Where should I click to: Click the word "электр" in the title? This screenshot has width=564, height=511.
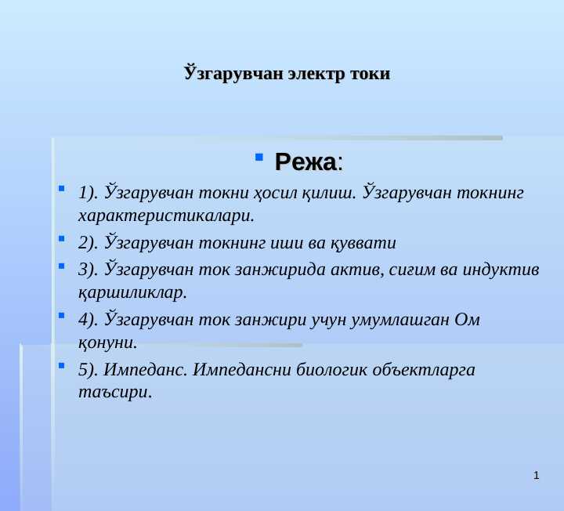point(316,74)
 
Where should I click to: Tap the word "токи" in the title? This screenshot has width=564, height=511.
point(369,74)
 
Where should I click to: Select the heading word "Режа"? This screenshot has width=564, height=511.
point(305,162)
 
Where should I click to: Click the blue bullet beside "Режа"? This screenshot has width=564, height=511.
point(259,158)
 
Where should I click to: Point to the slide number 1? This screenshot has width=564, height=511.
point(536,476)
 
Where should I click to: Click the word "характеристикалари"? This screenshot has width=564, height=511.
point(166,214)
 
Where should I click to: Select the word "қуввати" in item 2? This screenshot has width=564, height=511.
point(368,242)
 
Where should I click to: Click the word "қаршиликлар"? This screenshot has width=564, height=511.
point(132,292)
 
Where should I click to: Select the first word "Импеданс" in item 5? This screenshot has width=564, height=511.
point(145,370)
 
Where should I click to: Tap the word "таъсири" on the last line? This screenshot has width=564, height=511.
point(114,392)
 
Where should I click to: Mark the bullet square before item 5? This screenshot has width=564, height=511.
point(62,365)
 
